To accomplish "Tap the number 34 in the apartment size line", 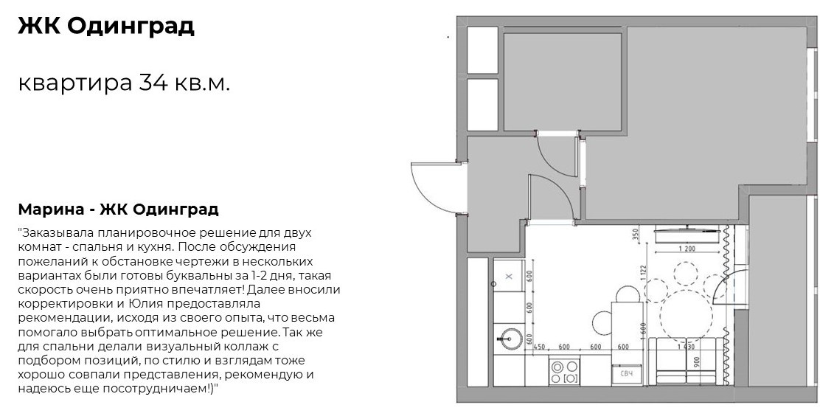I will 150,83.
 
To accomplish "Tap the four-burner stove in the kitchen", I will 565,370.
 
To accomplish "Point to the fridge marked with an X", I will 509,277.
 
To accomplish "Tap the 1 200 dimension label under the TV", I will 687,249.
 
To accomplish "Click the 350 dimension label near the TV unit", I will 636,236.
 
